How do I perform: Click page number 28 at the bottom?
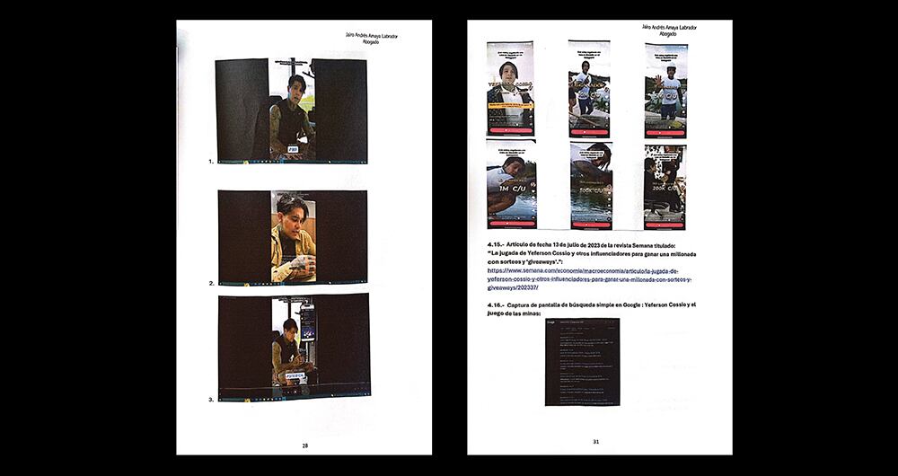pos(305,445)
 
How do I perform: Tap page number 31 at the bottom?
pos(595,441)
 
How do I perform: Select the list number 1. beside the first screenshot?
pos(210,162)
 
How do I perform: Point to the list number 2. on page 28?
pos(211,283)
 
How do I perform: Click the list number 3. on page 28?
pos(211,399)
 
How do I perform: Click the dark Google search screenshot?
pos(582,361)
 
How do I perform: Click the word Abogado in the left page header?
pos(370,42)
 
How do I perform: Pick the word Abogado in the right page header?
pos(667,34)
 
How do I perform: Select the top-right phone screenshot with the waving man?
pos(665,90)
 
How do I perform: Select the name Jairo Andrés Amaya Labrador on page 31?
pos(669,27)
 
